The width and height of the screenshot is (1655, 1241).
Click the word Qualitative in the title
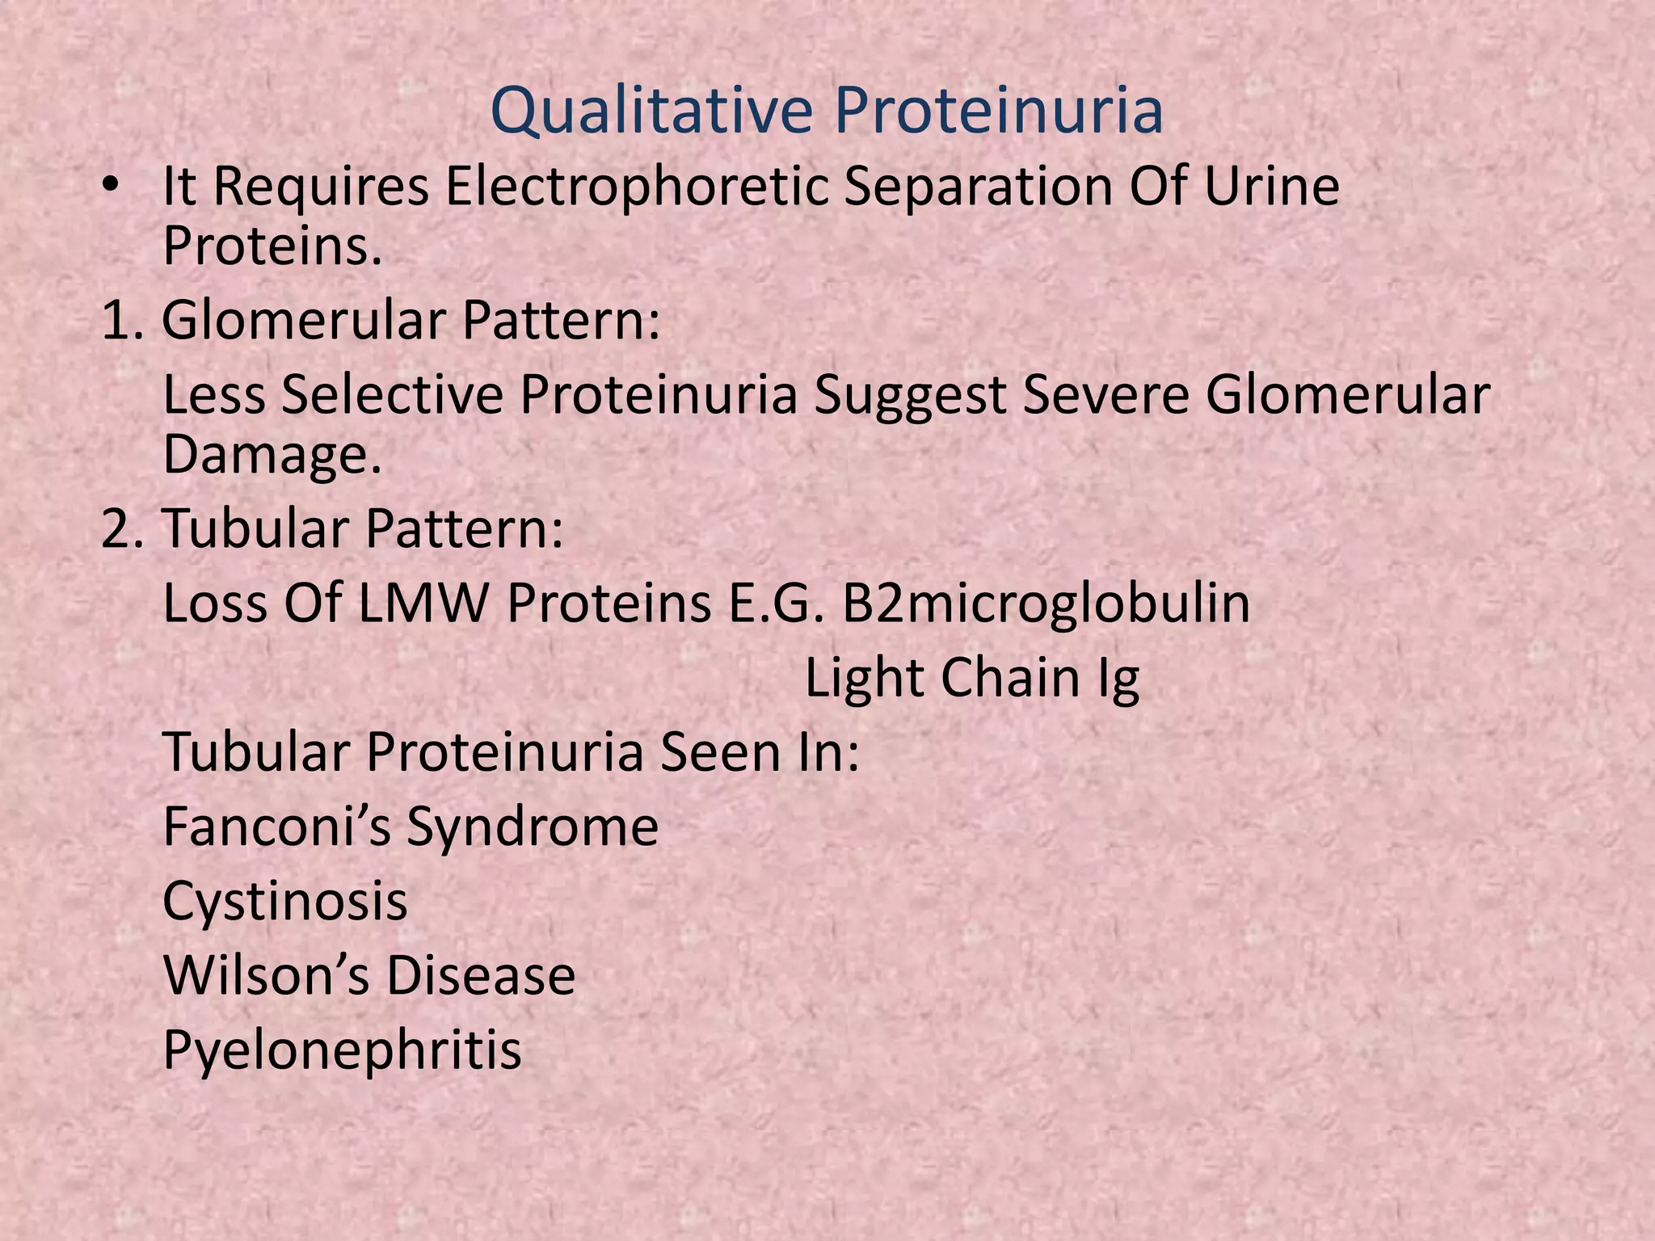click(651, 111)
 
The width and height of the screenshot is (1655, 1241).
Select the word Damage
click(272, 455)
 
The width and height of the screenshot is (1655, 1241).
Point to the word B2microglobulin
click(1046, 604)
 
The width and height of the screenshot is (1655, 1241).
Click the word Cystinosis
click(284, 902)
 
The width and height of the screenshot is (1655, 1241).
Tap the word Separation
click(978, 187)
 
